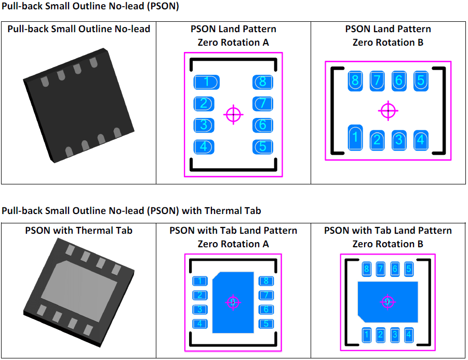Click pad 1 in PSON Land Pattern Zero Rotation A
pos(206,82)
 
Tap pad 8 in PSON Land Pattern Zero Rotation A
pos(263,82)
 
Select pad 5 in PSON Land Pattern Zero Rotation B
pos(421,81)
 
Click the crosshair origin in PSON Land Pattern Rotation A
pos(234,114)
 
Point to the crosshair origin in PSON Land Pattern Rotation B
pos(388,110)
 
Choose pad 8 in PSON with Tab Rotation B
pos(367,269)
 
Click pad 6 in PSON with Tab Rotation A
pos(266,310)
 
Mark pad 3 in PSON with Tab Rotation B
pos(395,335)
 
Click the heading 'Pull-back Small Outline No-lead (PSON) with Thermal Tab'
pos(131,210)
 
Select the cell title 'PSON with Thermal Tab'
pos(78,230)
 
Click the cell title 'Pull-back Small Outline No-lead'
pos(78,29)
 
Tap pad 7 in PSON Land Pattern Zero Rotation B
pos(377,81)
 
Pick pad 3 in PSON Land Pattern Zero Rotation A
pos(204,125)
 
